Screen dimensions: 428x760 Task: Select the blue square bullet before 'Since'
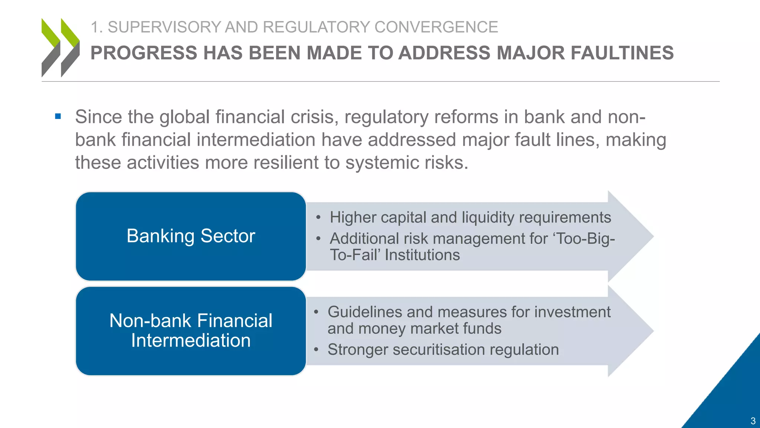[58, 117]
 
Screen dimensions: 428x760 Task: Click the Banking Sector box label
[191, 236]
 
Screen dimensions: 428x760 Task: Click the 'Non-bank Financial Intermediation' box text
[191, 330]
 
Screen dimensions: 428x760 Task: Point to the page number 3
[753, 421]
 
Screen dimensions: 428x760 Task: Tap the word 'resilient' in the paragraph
[285, 162]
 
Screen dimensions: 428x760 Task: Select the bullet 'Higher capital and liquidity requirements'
[470, 217]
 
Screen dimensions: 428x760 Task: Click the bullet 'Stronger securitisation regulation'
[443, 350]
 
